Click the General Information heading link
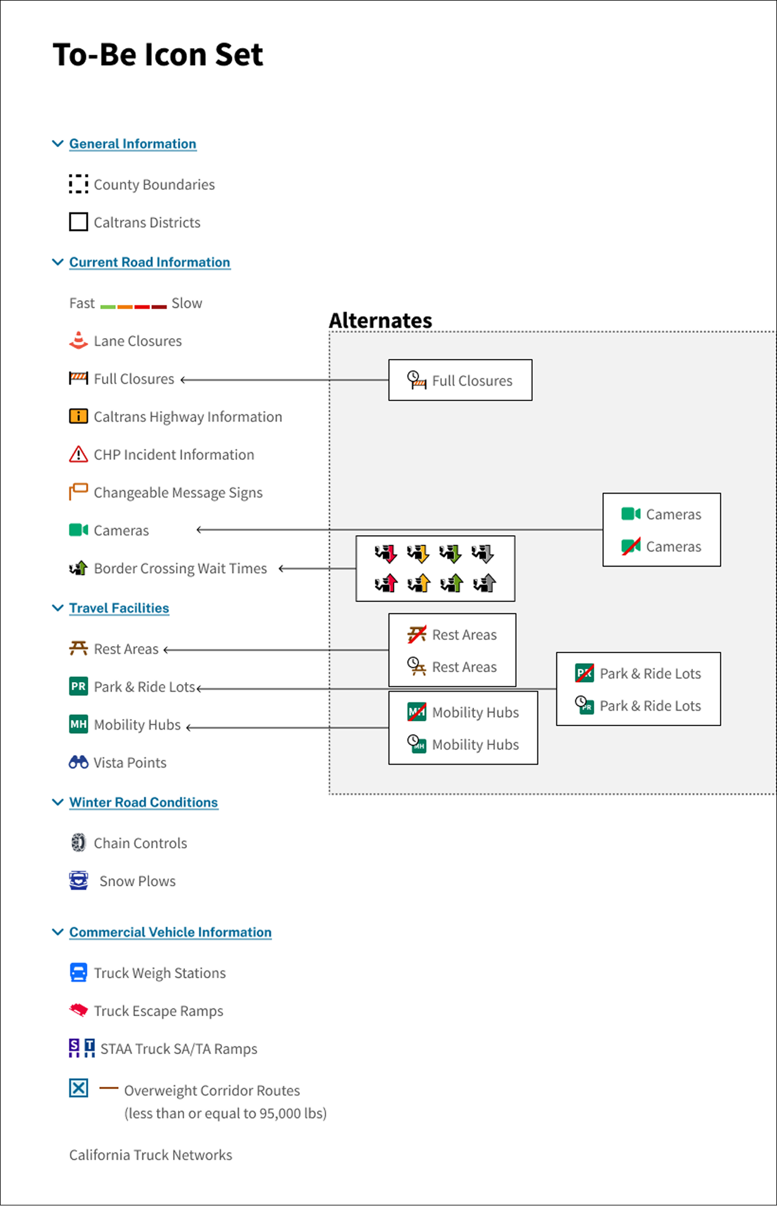point(133,144)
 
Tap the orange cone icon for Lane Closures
point(78,341)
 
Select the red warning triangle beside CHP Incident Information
point(78,454)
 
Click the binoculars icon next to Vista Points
point(78,762)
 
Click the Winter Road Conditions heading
point(144,802)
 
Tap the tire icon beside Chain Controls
point(78,842)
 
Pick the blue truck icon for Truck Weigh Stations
point(78,972)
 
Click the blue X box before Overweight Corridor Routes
point(78,1088)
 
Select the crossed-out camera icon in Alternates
point(631,546)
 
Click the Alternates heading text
point(380,320)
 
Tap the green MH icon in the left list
point(78,724)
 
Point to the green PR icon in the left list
point(78,686)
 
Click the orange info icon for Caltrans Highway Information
point(78,416)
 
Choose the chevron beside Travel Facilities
point(58,608)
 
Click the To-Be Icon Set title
point(158,55)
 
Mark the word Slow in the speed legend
point(187,303)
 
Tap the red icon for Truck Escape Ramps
point(78,1010)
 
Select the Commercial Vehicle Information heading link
point(170,932)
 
